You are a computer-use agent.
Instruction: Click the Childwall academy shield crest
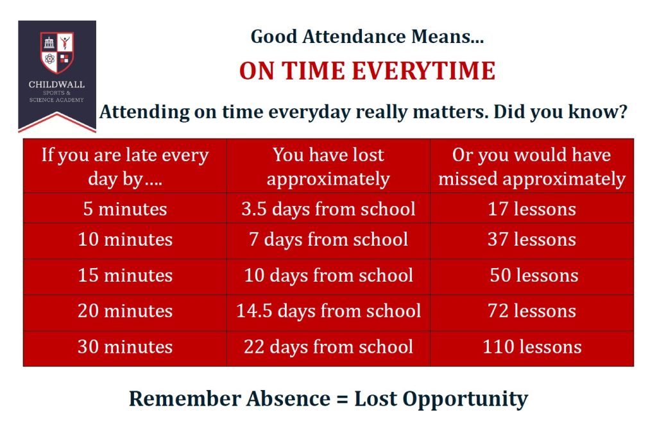(x=57, y=53)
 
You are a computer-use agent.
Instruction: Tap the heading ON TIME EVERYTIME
(x=367, y=71)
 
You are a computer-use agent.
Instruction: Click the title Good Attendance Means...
(x=367, y=37)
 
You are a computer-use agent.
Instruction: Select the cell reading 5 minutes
(x=125, y=209)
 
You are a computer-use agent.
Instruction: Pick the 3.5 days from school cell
(x=328, y=209)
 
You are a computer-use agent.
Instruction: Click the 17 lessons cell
(x=532, y=209)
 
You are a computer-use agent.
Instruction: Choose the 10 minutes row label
(x=125, y=239)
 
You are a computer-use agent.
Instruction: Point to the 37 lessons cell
(x=532, y=239)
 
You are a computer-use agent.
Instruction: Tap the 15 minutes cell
(x=125, y=275)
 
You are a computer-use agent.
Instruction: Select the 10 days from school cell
(x=328, y=275)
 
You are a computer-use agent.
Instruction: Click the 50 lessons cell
(x=534, y=275)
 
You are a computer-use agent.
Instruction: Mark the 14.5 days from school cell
(x=328, y=311)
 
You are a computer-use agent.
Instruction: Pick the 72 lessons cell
(x=532, y=311)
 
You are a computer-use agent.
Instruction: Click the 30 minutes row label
(x=125, y=347)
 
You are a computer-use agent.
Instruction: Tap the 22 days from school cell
(x=328, y=347)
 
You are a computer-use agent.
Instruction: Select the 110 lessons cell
(x=532, y=347)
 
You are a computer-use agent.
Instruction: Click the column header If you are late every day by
(x=125, y=166)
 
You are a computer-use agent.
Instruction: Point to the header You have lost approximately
(x=328, y=166)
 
